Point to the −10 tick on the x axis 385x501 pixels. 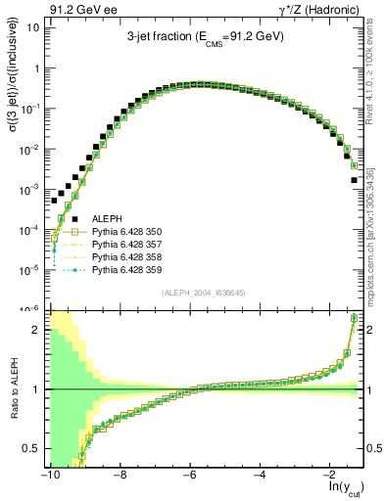pyautogui.click(x=48, y=473)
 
